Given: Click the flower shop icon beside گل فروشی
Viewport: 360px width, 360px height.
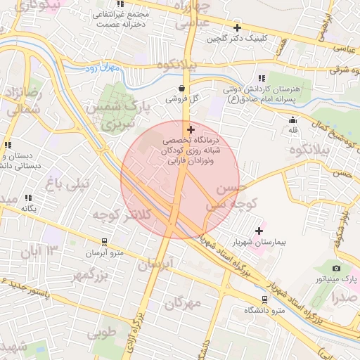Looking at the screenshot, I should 183,89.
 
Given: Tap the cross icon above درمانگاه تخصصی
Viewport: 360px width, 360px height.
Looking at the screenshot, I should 191,130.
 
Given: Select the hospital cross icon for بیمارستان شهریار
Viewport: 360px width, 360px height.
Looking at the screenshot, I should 259,231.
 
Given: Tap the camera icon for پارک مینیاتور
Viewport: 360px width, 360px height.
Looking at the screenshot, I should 336,268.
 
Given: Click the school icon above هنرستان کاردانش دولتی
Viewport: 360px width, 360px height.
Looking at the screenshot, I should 262,78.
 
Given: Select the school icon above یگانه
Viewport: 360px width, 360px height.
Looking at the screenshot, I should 28,198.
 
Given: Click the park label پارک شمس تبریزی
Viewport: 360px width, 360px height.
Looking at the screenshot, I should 117,114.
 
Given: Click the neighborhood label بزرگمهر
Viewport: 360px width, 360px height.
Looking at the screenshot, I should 92,276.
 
